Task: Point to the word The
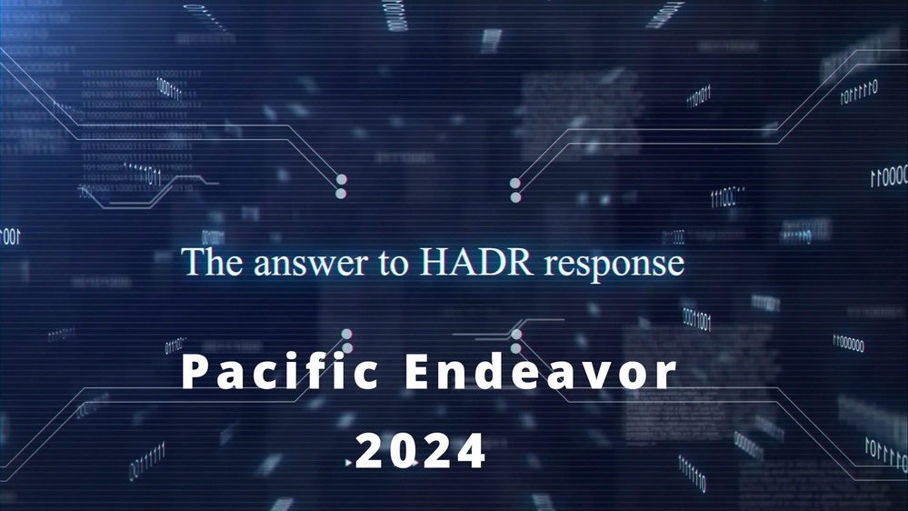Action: point(212,263)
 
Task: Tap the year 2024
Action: point(421,450)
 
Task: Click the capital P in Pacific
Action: point(193,374)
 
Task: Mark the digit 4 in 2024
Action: point(473,450)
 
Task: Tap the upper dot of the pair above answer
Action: point(342,179)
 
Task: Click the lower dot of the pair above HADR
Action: point(515,196)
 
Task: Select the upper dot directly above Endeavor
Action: point(516,334)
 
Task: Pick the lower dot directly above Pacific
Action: point(346,348)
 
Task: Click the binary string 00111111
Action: point(146,460)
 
